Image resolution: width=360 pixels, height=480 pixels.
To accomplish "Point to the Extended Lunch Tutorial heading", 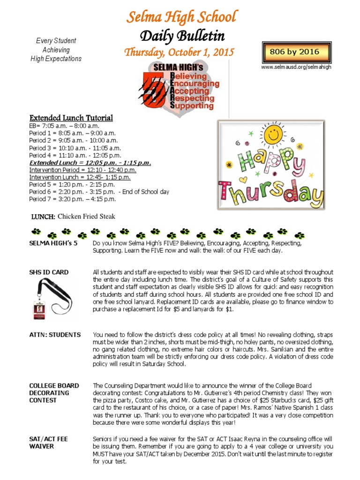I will tap(71, 118).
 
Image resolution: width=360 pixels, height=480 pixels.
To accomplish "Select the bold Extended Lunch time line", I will tap(90, 163).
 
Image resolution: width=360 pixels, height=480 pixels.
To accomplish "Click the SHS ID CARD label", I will tap(49, 272).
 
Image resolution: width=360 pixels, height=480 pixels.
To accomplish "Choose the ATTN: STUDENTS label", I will tap(55, 335).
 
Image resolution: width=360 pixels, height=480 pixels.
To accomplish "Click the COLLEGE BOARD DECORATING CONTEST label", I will tap(54, 393).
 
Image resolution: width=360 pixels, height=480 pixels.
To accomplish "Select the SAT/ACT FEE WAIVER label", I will tap(48, 442).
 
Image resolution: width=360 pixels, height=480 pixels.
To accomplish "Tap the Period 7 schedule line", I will tap(72, 199).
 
